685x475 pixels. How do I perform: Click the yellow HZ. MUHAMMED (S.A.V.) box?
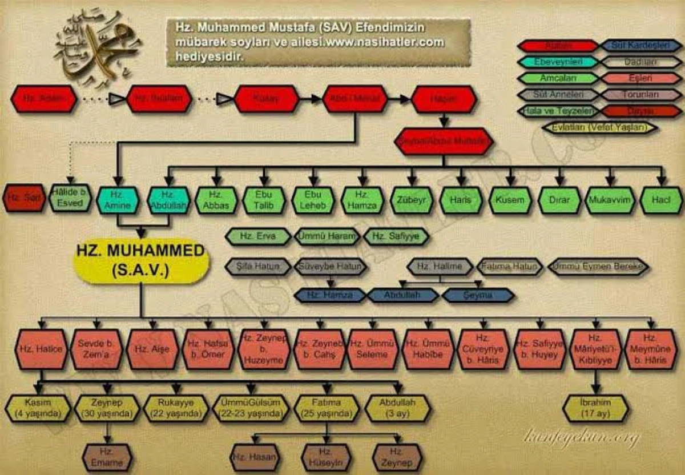point(142,261)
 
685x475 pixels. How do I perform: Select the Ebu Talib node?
point(264,200)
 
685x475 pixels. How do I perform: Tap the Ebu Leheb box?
point(313,200)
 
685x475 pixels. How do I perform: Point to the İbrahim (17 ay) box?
point(595,408)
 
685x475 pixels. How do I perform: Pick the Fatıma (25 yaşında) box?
point(327,408)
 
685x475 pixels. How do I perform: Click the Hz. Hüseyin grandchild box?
point(327,457)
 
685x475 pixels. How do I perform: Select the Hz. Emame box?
point(106,457)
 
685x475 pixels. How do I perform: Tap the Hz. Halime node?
point(440,267)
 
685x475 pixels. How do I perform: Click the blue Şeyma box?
point(478,295)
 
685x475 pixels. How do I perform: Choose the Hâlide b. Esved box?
point(70,198)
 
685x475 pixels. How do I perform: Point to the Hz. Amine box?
point(117,200)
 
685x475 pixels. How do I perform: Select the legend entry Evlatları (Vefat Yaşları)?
point(599,127)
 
